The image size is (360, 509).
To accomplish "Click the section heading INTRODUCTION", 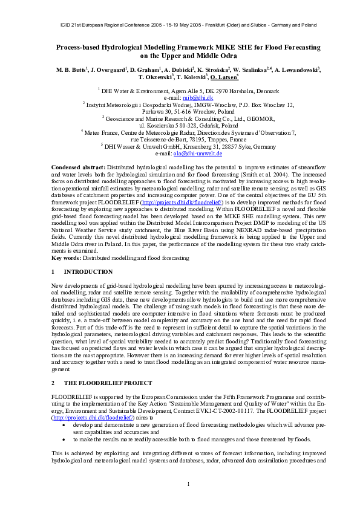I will pyautogui.click(x=88, y=272).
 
